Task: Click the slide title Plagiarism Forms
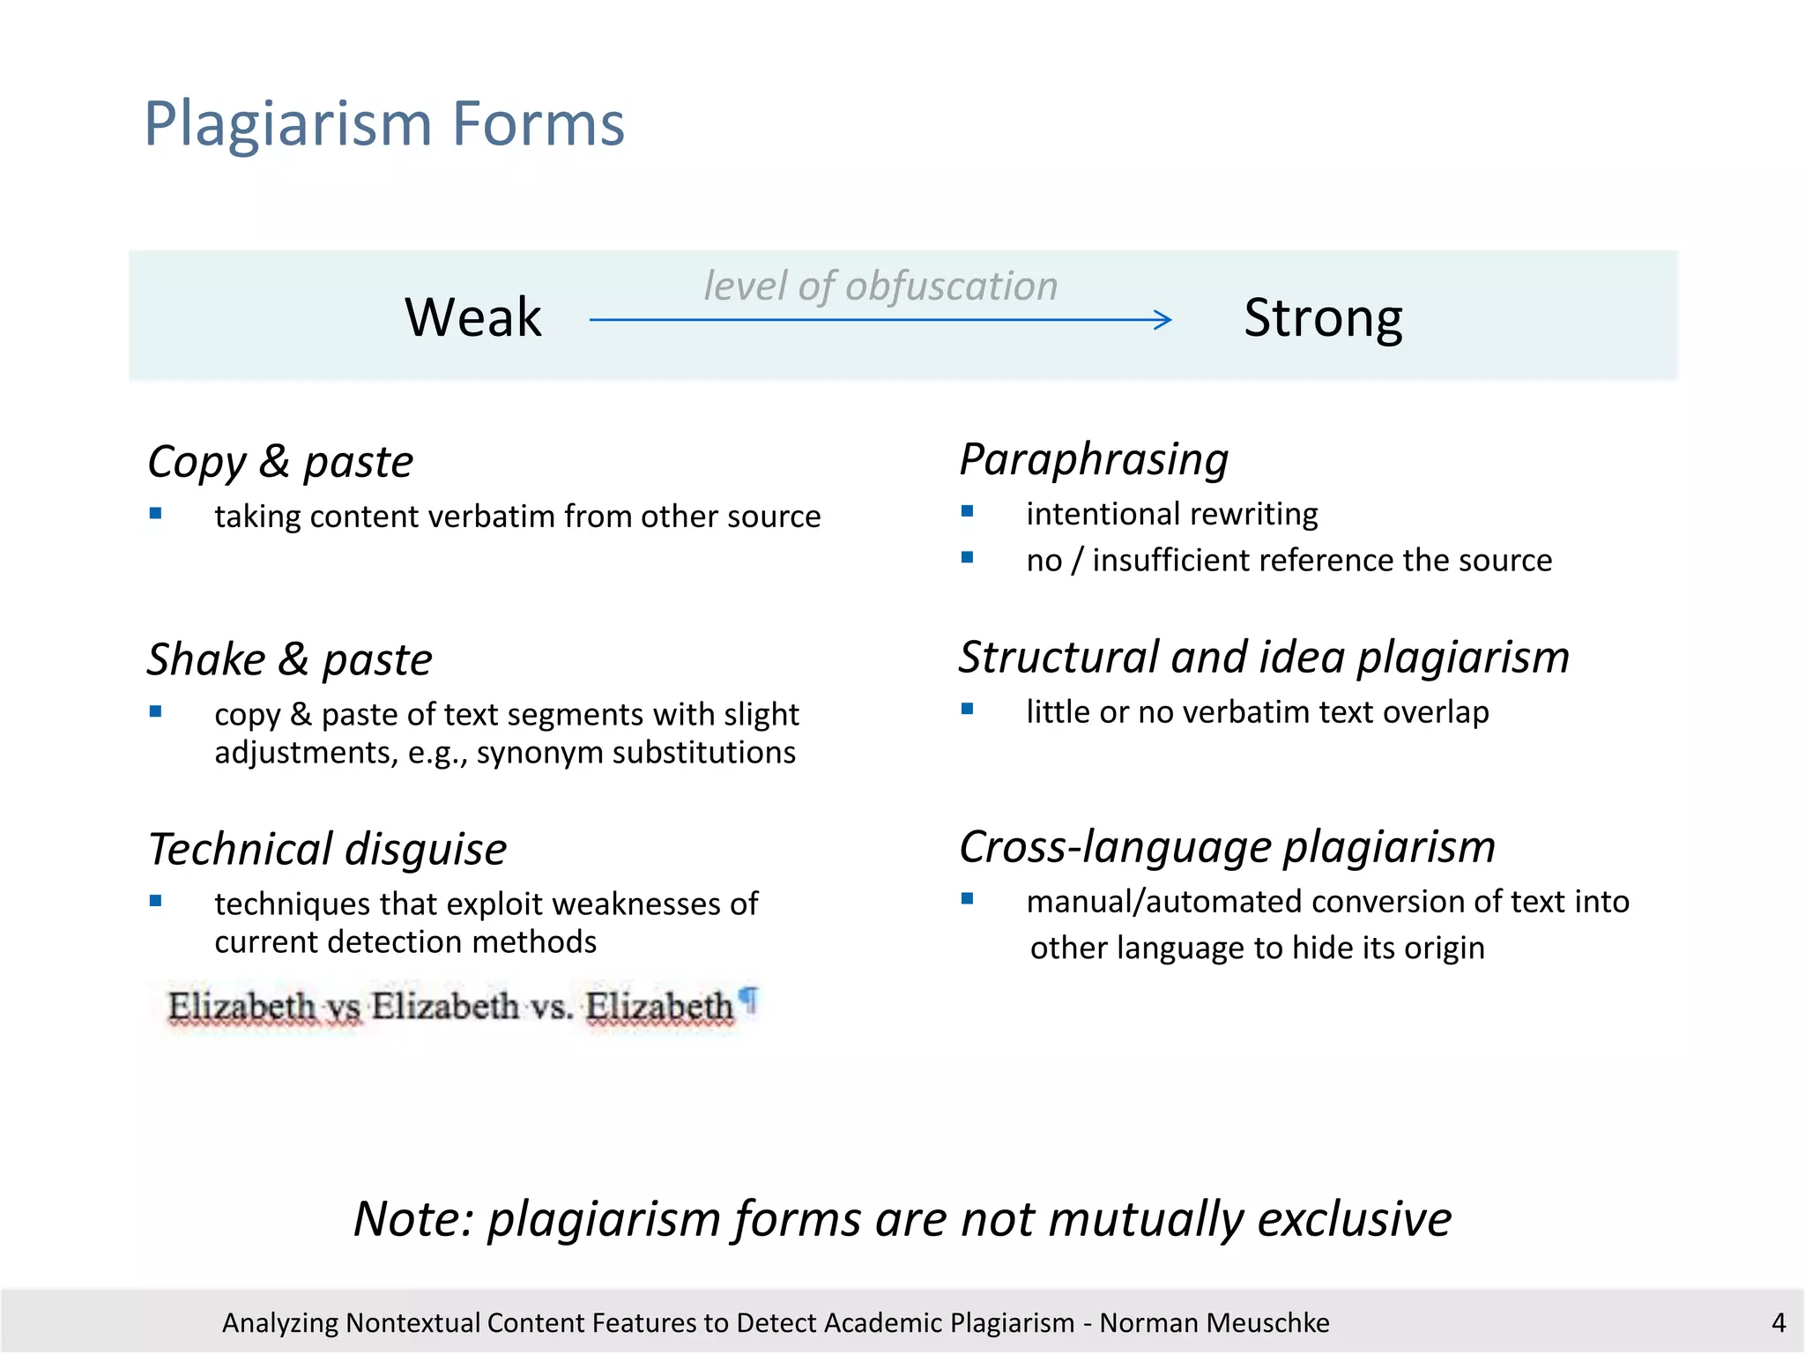tap(384, 123)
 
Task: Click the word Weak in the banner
tap(473, 317)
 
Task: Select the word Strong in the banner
tap(1323, 318)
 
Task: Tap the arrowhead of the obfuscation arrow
tap(1165, 319)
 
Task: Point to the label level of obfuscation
tap(880, 286)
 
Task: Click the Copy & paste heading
tap(280, 462)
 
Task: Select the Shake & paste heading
tap(290, 659)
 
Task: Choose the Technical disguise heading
tap(327, 849)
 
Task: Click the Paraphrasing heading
tap(1094, 459)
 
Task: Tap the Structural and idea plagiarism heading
tap(1264, 658)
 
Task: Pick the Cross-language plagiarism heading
tap(1227, 847)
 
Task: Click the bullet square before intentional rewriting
tap(968, 511)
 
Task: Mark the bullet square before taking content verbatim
tap(156, 513)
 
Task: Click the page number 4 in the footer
tap(1779, 1322)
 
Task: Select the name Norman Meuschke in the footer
tap(1214, 1322)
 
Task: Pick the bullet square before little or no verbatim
tap(968, 709)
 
